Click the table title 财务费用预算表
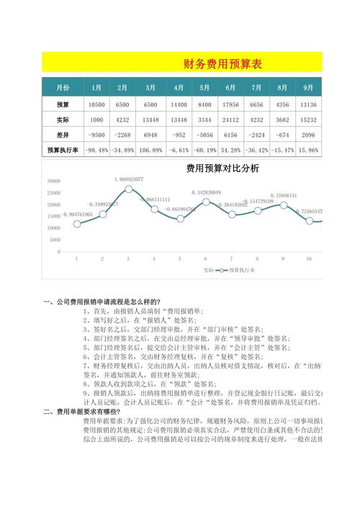click(222, 64)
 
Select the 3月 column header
click(150, 88)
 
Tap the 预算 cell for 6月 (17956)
click(230, 104)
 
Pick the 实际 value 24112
click(230, 120)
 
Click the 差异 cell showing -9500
click(96, 135)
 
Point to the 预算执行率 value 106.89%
click(150, 150)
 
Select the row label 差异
click(62, 135)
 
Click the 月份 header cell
click(62, 88)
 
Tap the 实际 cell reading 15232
click(308, 120)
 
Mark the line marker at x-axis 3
click(128, 189)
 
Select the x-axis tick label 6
click(205, 258)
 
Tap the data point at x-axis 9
click(283, 204)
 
